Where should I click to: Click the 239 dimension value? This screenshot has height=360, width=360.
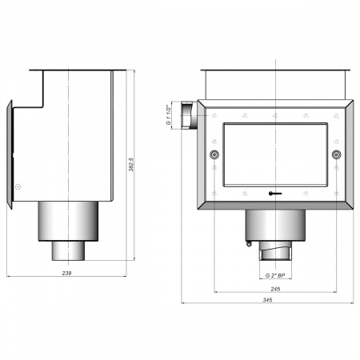(66, 273)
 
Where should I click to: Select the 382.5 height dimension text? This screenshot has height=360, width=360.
(131, 165)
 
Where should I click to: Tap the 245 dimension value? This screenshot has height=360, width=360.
(275, 289)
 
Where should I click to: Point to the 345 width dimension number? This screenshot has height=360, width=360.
(267, 300)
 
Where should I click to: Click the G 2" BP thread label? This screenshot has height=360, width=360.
(275, 275)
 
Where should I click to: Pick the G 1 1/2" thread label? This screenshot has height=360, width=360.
(168, 114)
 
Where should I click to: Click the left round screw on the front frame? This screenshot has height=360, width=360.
(214, 154)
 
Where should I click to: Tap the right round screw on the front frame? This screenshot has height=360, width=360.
(337, 154)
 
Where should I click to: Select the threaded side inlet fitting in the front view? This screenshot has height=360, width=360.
(189, 115)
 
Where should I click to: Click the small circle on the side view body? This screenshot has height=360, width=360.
(18, 186)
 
